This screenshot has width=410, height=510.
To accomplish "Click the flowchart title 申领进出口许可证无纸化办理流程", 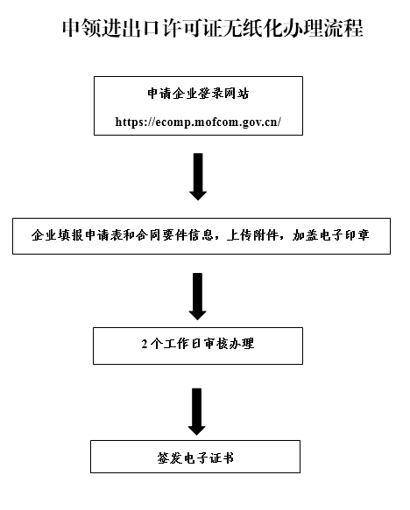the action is click(x=212, y=28).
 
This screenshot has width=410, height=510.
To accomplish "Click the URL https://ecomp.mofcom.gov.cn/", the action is click(x=198, y=122).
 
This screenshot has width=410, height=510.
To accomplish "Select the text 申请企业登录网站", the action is click(x=198, y=94).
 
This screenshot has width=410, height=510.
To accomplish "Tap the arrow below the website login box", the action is click(x=198, y=177).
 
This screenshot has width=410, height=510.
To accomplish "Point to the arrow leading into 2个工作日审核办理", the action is click(x=198, y=297).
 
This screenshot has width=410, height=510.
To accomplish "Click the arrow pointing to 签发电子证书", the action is click(x=197, y=411).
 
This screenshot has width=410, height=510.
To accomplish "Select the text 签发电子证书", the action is click(x=195, y=458).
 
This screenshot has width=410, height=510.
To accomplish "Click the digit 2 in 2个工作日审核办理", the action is click(x=145, y=344).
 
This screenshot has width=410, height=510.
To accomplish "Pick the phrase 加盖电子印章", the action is click(x=330, y=235).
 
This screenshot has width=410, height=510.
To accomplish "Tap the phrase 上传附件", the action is click(x=252, y=235).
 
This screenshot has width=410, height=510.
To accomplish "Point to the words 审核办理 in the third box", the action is click(x=229, y=344).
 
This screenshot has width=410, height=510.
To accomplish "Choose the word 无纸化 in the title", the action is click(x=252, y=28).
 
